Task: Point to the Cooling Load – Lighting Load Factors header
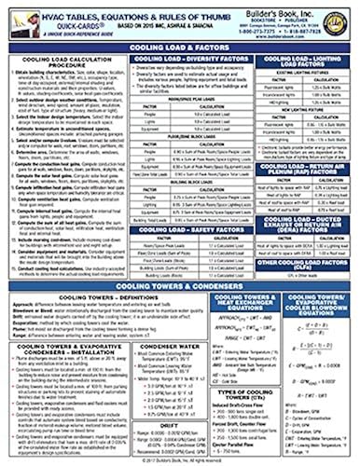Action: pos(302,62)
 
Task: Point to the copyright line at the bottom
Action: pos(180,460)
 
